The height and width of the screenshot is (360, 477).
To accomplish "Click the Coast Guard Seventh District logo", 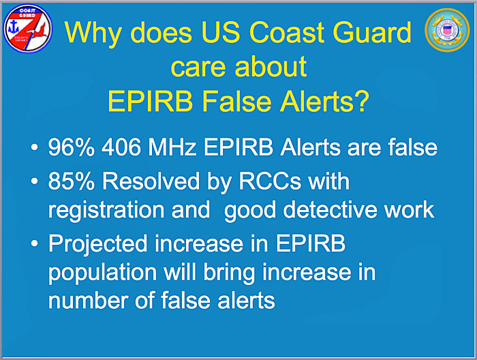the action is (x=28, y=29).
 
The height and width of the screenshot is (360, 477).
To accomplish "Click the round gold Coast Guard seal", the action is (x=447, y=31).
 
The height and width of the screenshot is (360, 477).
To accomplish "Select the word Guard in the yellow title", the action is (x=372, y=32).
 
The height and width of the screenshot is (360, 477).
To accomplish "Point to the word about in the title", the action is (x=271, y=66).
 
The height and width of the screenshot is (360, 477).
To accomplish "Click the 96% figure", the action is (x=71, y=147).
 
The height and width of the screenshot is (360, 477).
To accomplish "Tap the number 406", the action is (x=121, y=147).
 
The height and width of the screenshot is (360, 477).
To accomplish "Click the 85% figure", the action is (x=71, y=181).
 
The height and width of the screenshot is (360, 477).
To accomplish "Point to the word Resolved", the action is (x=151, y=181).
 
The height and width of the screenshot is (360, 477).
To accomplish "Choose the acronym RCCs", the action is (x=270, y=181).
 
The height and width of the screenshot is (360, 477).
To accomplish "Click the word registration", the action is (x=106, y=211).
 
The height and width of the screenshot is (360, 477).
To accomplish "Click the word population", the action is (x=102, y=273).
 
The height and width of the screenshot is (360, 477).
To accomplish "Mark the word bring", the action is (x=229, y=273).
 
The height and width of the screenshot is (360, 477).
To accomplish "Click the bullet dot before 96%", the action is (x=35, y=148).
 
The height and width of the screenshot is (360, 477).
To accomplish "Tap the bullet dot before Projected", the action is (x=35, y=243).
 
